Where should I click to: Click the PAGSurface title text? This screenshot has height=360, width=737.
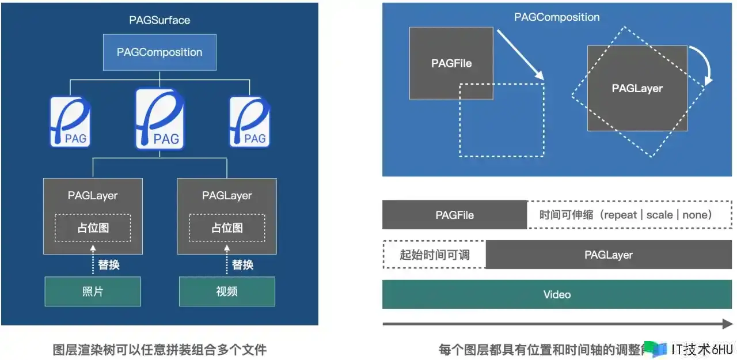tap(159, 20)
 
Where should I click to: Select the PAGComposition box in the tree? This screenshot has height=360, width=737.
tap(159, 52)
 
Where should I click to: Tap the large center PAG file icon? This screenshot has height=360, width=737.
tap(159, 119)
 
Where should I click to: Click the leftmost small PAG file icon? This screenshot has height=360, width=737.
tap(70, 122)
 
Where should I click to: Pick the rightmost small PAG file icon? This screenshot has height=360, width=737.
tap(249, 122)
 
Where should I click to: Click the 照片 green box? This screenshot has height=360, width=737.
tap(93, 291)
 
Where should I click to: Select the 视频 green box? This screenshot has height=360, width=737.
tap(227, 291)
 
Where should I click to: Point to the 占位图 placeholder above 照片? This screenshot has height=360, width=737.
tap(93, 228)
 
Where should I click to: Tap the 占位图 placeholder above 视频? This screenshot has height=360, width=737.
tap(227, 228)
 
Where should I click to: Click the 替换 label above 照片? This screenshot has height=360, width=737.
tap(109, 265)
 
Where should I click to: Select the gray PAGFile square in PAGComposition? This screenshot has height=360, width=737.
tap(451, 63)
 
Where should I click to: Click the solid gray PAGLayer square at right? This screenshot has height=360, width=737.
tap(637, 89)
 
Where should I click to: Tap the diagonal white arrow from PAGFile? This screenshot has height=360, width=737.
tap(521, 54)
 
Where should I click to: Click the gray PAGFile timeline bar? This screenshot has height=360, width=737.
tap(454, 215)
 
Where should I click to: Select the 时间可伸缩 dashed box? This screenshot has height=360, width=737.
tap(629, 215)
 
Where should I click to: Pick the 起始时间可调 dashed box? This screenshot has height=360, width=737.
tap(434, 255)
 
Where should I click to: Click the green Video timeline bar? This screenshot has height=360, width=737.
tap(557, 294)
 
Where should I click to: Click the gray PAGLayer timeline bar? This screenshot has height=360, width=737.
tap(609, 255)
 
